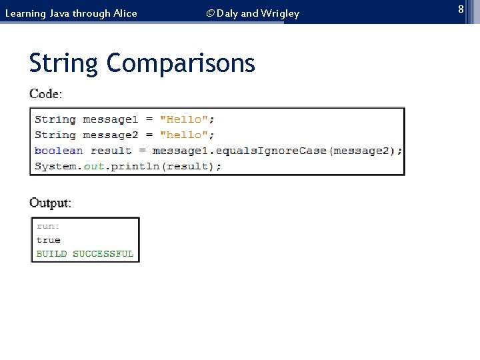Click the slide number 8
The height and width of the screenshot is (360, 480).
[460, 9]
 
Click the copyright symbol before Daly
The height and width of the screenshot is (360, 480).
[210, 13]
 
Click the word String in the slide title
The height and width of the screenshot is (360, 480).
[63, 64]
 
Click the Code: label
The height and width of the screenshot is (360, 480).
[45, 94]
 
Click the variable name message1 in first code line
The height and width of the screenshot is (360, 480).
[110, 119]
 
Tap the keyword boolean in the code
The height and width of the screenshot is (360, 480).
[59, 151]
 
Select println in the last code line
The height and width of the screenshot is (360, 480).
[134, 166]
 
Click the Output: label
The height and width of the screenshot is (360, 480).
[50, 203]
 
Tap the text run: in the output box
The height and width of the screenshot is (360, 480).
[48, 226]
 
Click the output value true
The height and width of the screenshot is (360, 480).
[48, 240]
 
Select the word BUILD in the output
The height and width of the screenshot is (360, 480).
[51, 254]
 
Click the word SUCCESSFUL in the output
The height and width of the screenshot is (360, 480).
[103, 254]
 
